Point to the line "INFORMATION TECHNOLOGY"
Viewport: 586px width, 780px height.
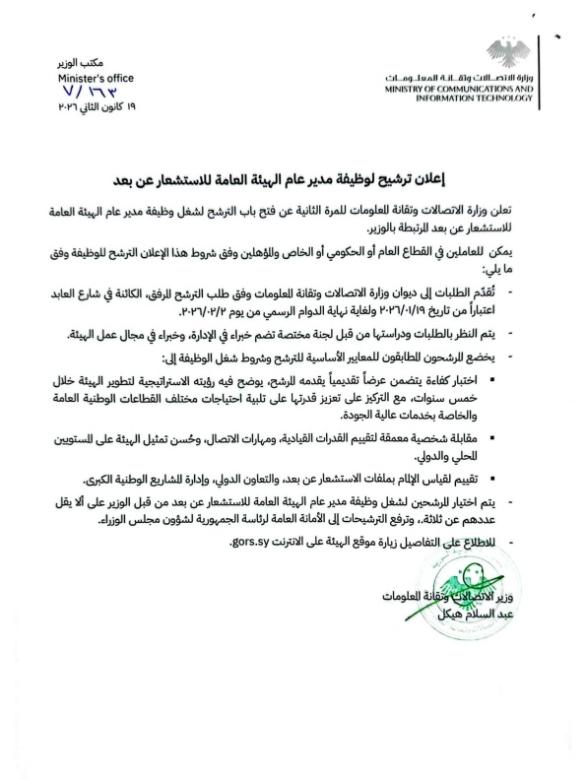(479, 99)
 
